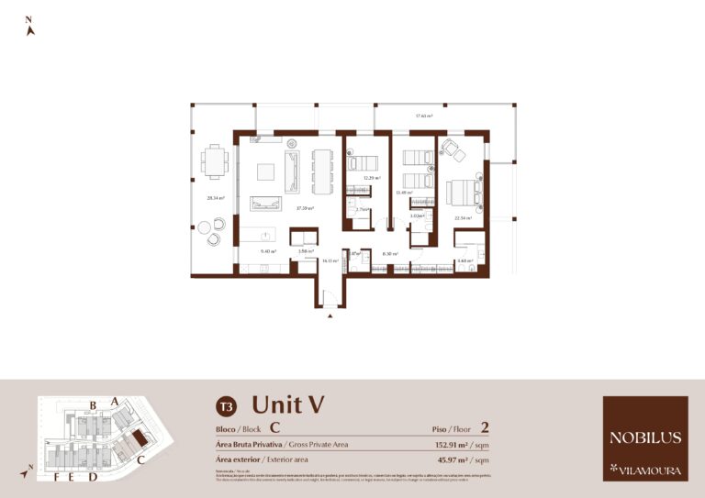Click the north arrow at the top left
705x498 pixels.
point(30,29)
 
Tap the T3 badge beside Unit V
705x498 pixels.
point(225,405)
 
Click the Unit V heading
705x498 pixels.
point(288,404)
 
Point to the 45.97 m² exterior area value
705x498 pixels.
point(456,459)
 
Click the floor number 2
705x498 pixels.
point(484,427)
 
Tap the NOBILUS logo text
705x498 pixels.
point(644,437)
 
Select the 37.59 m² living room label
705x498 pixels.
point(305,208)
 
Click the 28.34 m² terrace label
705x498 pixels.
point(216,198)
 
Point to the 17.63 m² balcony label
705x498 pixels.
point(423,116)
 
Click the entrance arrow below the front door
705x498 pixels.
point(330,316)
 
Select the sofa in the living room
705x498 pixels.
point(292,172)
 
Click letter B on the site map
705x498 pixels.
point(93,404)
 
